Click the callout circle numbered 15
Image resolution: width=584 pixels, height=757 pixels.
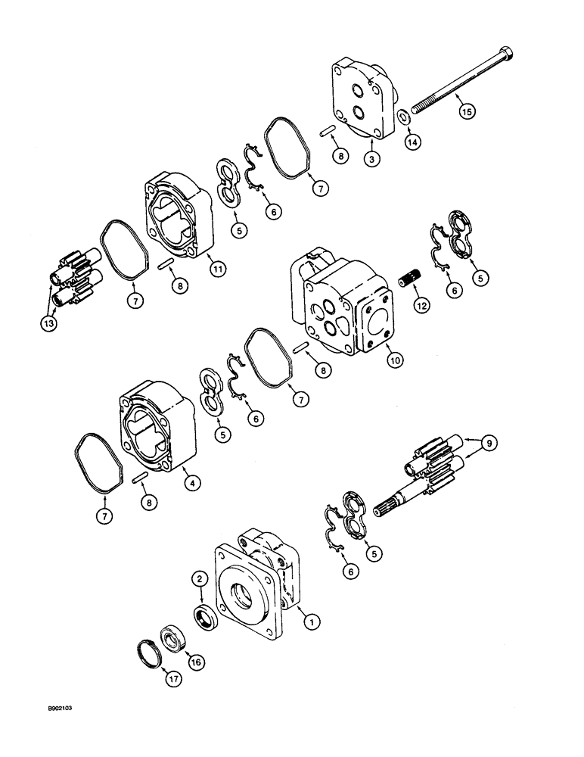tap(468, 111)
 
